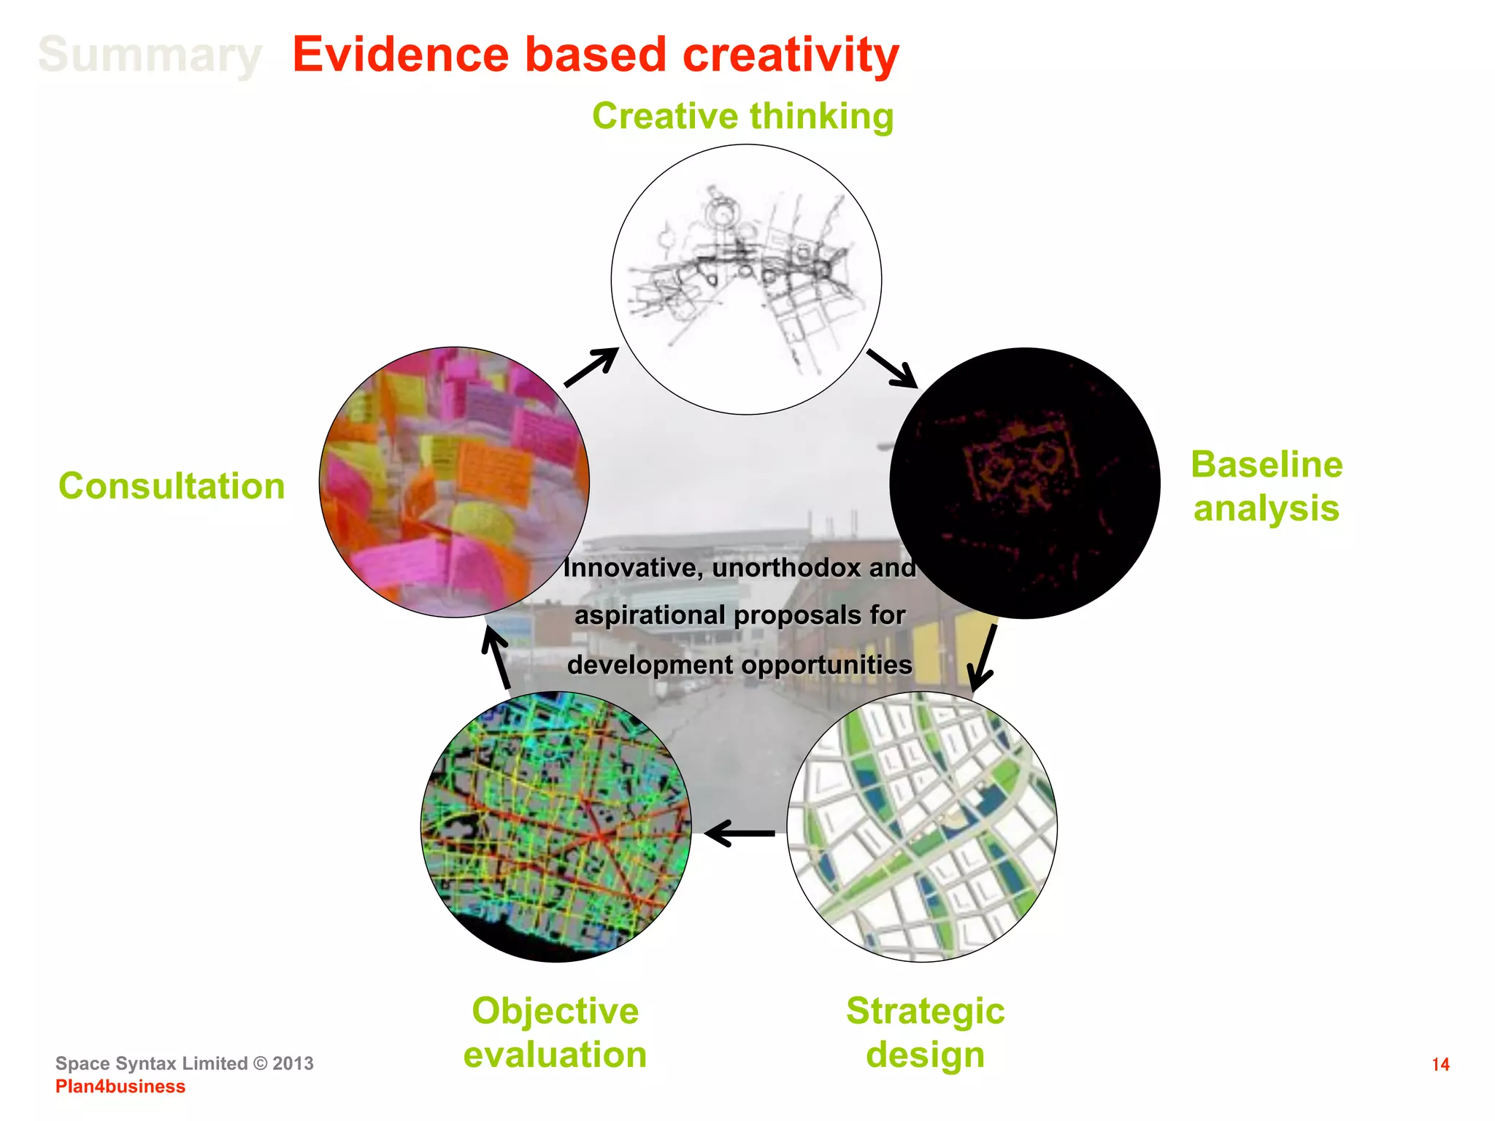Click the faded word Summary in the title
coord(150,55)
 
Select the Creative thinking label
coord(742,116)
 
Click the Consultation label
coord(172,486)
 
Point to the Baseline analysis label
coord(1267,486)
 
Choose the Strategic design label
coord(925,1033)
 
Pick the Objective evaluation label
coord(555,1033)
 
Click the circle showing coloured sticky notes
coord(454,482)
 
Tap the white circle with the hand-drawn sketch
coord(746,280)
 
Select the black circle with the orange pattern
coord(1024,483)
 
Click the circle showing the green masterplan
coord(922,826)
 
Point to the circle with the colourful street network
coord(556,826)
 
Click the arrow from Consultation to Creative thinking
coord(591,367)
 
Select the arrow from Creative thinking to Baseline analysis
coord(891,369)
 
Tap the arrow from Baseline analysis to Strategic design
coord(983,657)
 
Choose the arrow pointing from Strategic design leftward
coord(739,833)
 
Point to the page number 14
coord(1440,1065)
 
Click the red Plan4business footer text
coord(120,1087)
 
